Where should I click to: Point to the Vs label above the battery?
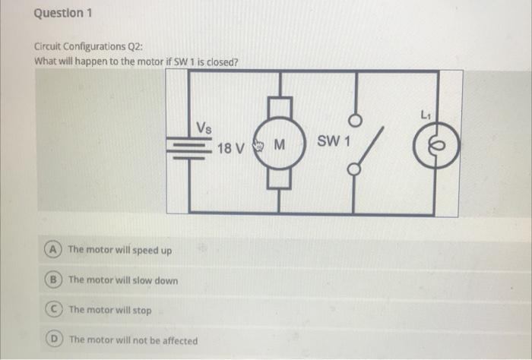pos(204,126)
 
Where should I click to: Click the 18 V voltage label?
pos(230,147)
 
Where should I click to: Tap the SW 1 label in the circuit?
pos(331,142)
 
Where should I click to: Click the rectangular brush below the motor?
pos(280,179)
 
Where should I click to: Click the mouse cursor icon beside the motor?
pos(257,144)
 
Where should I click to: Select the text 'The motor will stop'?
pos(109,310)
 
